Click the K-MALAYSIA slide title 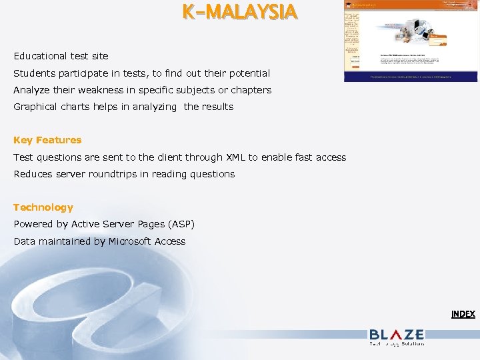pos(240,13)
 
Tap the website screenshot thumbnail pos(411,41)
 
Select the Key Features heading pos(47,140)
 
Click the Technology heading pos(43,207)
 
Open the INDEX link pos(463,314)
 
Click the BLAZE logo pos(397,336)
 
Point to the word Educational pos(39,56)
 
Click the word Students pos(33,73)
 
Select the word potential pos(248,73)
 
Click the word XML pos(236,157)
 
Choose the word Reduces pos(33,174)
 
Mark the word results pos(217,107)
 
